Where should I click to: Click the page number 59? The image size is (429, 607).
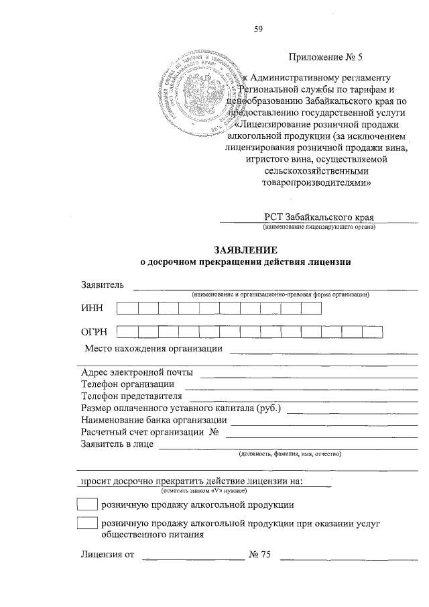259,29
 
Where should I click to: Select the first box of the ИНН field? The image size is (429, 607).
127,308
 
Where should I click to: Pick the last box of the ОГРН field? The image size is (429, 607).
372,331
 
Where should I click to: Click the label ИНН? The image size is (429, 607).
92,309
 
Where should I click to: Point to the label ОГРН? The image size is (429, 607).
95,331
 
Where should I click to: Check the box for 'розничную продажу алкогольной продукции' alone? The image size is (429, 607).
87,504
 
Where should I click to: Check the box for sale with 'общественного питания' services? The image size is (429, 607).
87,525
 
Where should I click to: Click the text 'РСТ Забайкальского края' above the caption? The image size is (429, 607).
318,217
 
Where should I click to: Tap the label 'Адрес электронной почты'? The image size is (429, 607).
137,372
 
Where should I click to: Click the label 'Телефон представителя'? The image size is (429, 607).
131,396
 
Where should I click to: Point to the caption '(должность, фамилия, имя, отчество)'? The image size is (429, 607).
290,454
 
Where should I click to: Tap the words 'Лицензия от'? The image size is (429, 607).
107,555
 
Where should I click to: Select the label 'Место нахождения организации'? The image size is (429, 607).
154,349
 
